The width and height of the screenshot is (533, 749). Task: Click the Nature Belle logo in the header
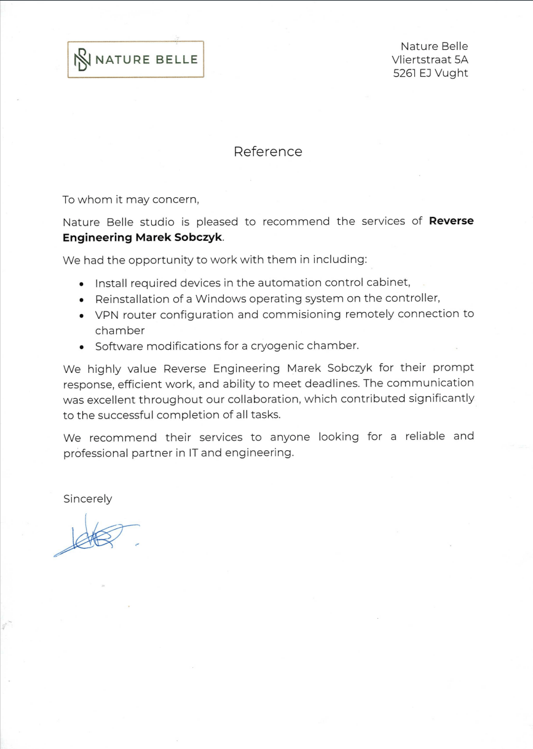click(x=135, y=60)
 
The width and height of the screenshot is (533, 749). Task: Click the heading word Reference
click(x=267, y=152)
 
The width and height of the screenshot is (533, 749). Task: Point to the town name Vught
click(x=452, y=73)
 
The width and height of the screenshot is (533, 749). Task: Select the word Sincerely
click(x=88, y=499)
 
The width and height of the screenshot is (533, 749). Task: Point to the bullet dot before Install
click(x=82, y=284)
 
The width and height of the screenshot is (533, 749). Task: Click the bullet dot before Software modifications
click(x=82, y=347)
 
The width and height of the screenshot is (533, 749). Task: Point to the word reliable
click(x=427, y=437)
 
